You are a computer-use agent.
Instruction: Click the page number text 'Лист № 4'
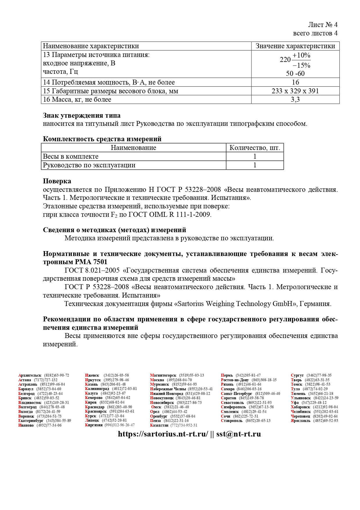pyautogui.click(x=323, y=25)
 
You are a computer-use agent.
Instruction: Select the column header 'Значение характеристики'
pyautogui.click(x=295, y=46)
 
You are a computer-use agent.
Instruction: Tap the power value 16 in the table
pyautogui.click(x=295, y=82)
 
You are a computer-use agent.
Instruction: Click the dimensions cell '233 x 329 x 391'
pyautogui.click(x=295, y=91)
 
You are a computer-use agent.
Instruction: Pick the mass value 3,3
pyautogui.click(x=295, y=99)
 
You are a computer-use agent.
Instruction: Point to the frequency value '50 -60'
pyautogui.click(x=295, y=74)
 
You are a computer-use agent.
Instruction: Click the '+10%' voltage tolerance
pyautogui.click(x=301, y=55)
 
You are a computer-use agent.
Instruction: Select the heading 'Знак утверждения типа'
pyautogui.click(x=82, y=115)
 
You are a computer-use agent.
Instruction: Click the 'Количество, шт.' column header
pyautogui.click(x=255, y=148)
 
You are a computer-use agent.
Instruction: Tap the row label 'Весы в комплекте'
pyautogui.click(x=71, y=156)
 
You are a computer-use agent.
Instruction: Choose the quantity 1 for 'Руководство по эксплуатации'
pyautogui.click(x=255, y=165)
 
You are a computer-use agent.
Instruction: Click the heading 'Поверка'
pyautogui.click(x=57, y=181)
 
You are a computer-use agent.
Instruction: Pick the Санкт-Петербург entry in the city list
pyautogui.click(x=250, y=393)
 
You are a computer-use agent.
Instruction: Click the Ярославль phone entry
pyautogui.click(x=314, y=420)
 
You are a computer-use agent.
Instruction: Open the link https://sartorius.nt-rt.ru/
pyautogui.click(x=163, y=434)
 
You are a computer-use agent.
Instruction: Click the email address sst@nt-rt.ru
pyautogui.click(x=238, y=434)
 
